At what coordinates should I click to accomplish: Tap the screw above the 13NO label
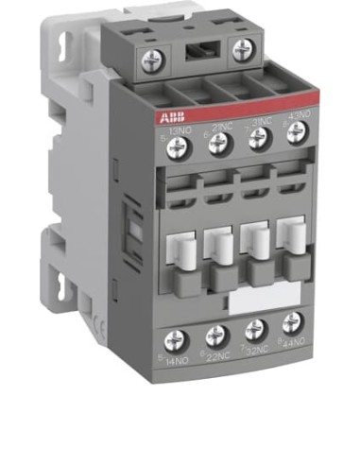coord(174,144)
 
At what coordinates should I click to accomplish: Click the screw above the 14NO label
coord(175,339)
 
